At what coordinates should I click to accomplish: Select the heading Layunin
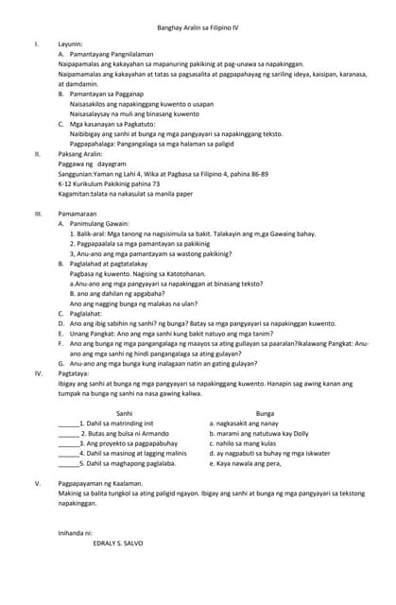tap(71, 44)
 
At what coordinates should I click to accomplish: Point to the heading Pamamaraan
tap(77, 214)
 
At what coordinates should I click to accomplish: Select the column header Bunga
tap(266, 414)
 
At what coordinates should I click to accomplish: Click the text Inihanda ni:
tap(76, 533)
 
